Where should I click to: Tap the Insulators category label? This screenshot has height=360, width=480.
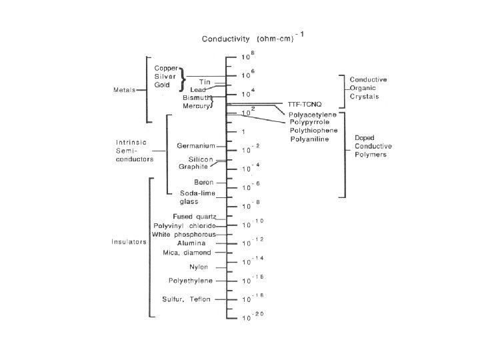click(129, 242)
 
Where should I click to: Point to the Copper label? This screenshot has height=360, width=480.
click(165, 68)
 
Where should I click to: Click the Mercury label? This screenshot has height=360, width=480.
click(197, 105)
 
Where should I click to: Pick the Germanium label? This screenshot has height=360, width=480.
click(195, 145)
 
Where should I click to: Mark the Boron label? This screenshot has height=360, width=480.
click(203, 182)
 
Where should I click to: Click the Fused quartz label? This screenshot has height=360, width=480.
click(194, 217)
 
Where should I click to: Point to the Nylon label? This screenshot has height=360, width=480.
click(200, 267)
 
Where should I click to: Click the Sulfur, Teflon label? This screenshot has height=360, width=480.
click(186, 299)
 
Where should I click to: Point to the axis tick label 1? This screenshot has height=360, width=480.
click(243, 131)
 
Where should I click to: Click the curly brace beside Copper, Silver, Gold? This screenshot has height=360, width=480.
click(182, 76)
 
